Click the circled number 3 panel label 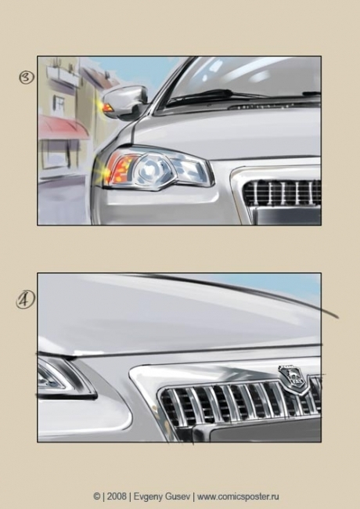pos(27,78)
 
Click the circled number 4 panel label pos(25,301)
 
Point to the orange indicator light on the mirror pos(108,106)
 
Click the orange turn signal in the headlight pos(121,169)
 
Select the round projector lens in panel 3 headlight pos(151,169)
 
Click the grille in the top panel pos(283,193)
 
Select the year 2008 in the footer pos(117,496)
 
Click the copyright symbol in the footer pos(96,496)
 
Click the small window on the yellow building pos(59,103)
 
